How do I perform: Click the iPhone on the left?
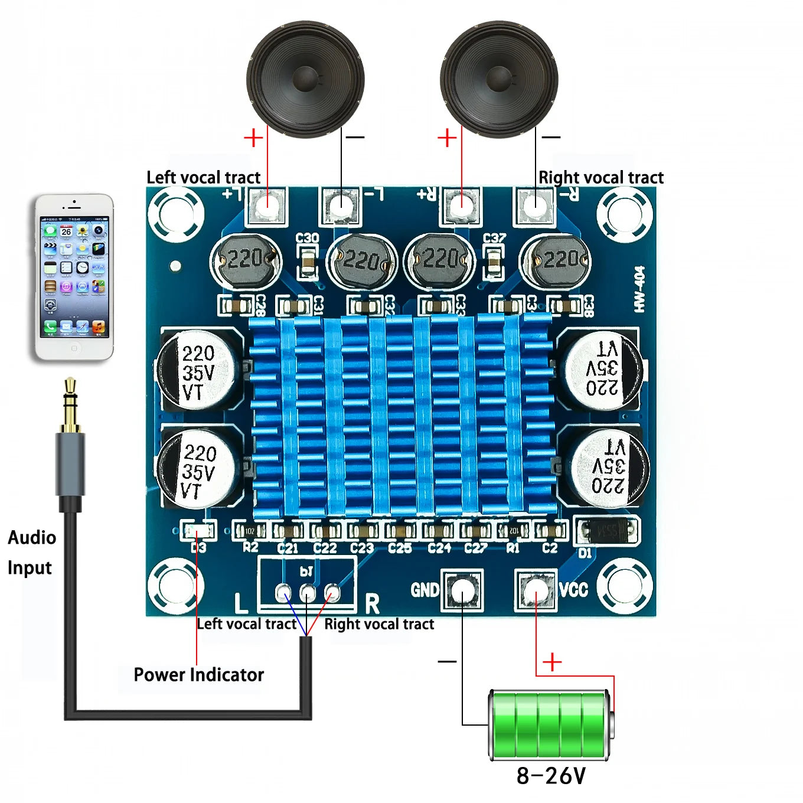tap(74, 276)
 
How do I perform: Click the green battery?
tap(549, 724)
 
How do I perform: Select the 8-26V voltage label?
tap(551, 775)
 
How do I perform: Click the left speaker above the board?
tap(305, 79)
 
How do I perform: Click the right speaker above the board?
tap(499, 79)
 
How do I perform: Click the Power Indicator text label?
tap(198, 674)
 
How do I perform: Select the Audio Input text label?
tap(31, 552)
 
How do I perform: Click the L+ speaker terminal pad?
tap(267, 205)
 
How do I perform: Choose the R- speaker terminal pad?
tap(535, 205)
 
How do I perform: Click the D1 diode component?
tap(607, 531)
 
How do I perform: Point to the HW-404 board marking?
tap(639, 289)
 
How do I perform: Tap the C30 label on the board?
tap(307, 238)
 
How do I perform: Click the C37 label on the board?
tap(494, 238)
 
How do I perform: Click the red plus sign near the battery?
tap(552, 662)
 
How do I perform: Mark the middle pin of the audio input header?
tap(308, 592)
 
